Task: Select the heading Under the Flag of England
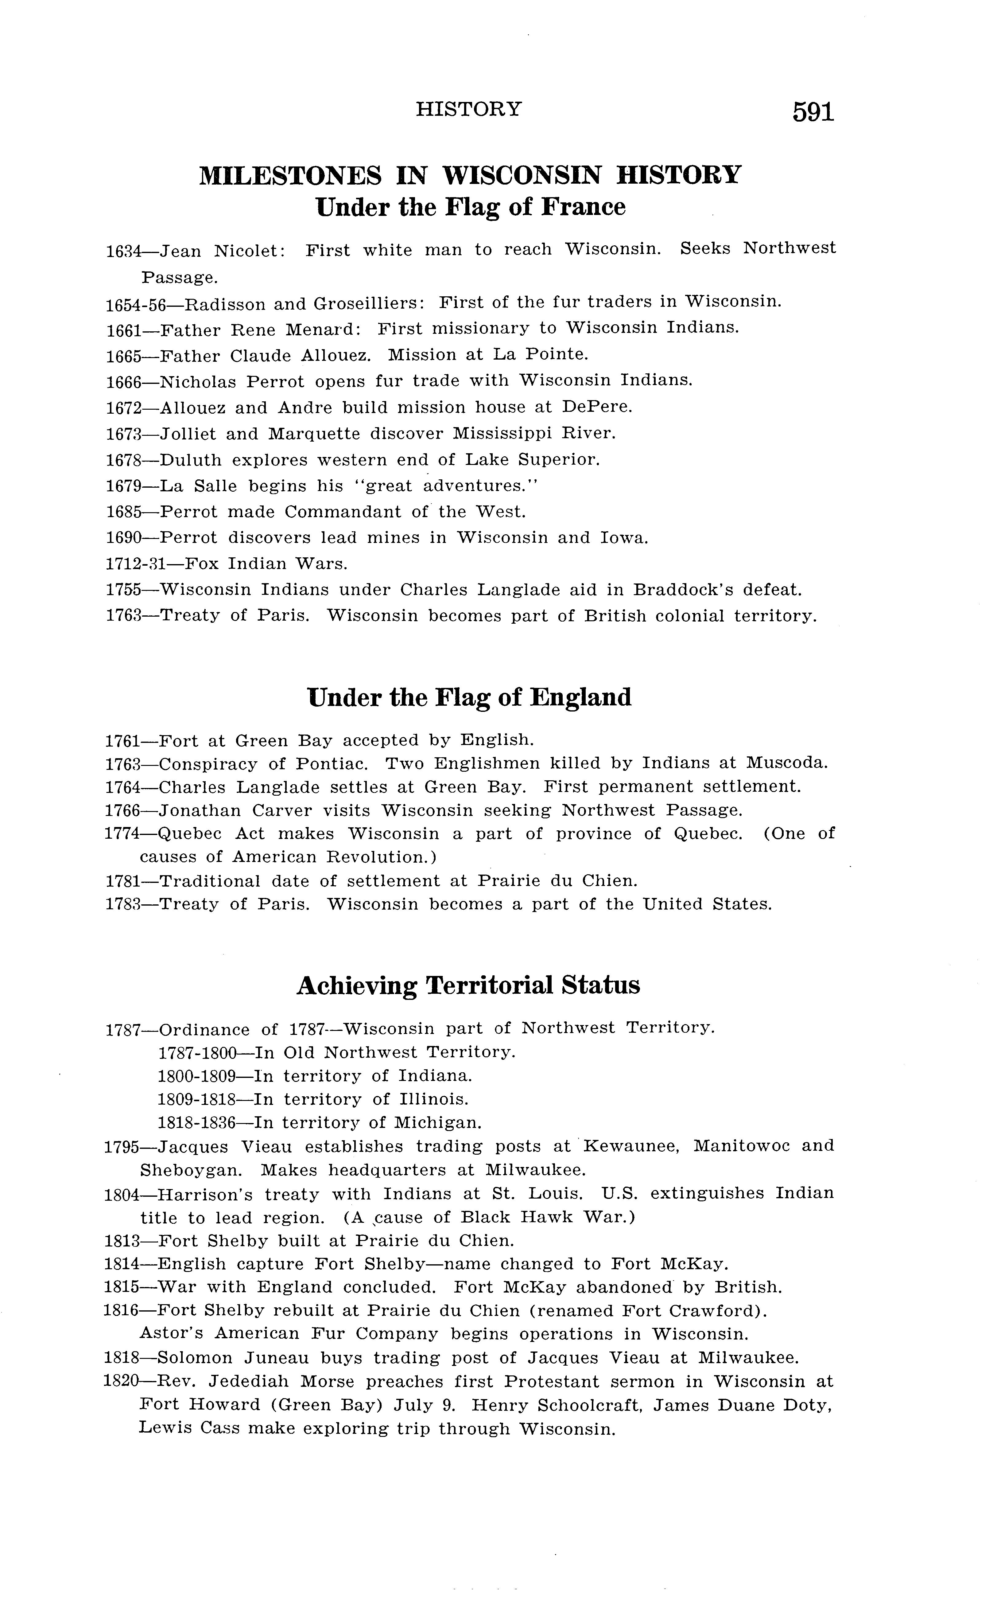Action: click(x=469, y=697)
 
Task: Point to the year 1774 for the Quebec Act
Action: click(x=122, y=834)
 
